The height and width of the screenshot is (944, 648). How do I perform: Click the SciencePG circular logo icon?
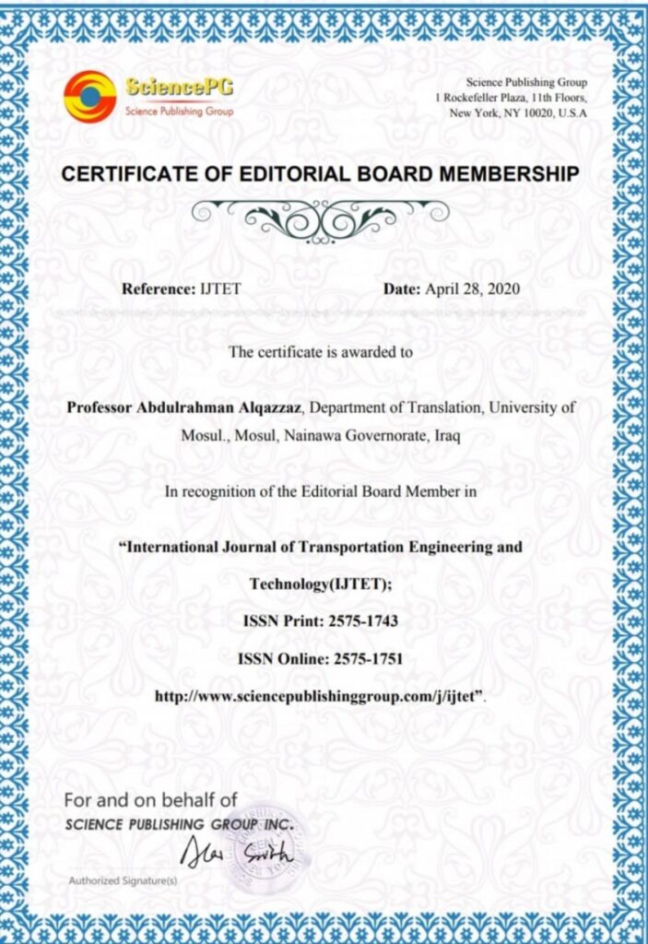[89, 98]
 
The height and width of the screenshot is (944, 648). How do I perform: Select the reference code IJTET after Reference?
[219, 289]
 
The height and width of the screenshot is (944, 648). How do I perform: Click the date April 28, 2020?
[472, 289]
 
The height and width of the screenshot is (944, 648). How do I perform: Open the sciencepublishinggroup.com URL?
[319, 697]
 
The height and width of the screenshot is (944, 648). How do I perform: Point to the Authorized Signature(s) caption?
[123, 880]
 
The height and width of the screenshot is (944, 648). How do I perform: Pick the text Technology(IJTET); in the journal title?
[323, 584]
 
